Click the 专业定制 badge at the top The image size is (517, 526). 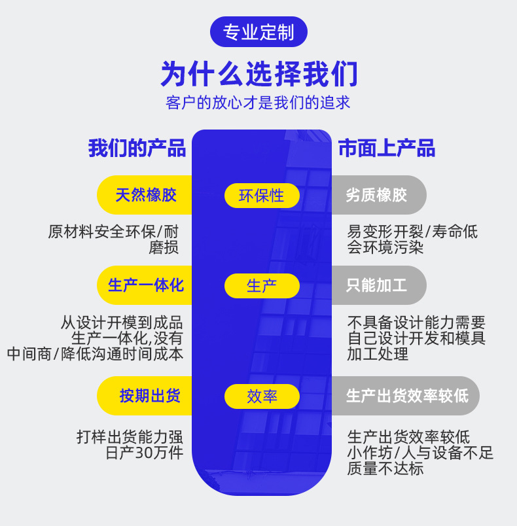[x=258, y=32]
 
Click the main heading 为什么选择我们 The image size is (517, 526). [x=258, y=74]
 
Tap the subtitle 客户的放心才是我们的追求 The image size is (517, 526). [x=258, y=103]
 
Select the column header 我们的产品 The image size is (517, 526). [x=137, y=148]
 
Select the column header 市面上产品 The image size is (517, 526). [x=386, y=148]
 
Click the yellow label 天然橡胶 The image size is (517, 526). [x=145, y=195]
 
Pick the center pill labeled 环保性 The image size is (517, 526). [x=262, y=196]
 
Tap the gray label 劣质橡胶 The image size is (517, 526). [x=377, y=195]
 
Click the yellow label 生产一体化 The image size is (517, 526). [x=145, y=285]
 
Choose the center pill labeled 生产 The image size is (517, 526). [x=262, y=286]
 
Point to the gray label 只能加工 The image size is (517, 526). [x=377, y=285]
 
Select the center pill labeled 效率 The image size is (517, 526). [x=262, y=396]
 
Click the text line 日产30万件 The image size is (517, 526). [x=144, y=453]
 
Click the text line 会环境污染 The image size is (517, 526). [x=385, y=247]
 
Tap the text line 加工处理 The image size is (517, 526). [x=378, y=354]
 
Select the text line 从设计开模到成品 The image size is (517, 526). [x=122, y=323]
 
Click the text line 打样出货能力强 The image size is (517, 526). [x=130, y=437]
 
